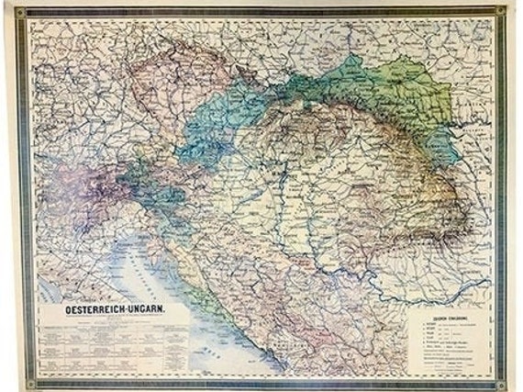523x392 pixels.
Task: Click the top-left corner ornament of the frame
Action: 20,12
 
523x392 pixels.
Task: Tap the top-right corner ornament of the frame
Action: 499,12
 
